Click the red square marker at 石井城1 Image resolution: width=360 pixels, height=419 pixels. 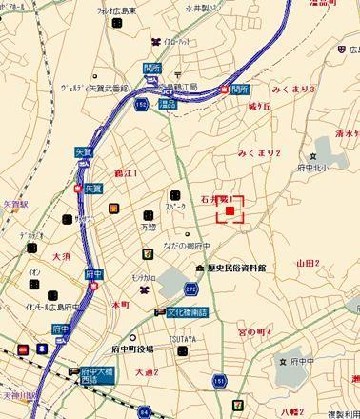230,209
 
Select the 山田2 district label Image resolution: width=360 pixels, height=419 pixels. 309,263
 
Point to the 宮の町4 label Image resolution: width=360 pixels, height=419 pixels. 254,331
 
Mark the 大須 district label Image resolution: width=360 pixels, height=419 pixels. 63,257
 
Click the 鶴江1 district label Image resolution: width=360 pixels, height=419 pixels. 126,173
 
